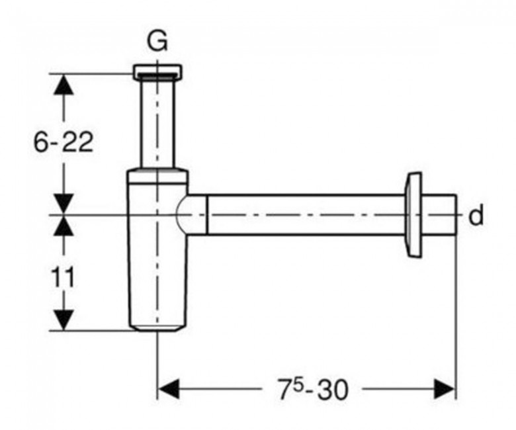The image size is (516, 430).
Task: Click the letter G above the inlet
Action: [x=157, y=42]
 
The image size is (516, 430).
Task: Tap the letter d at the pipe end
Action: [x=476, y=215]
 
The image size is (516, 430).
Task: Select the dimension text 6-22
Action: [x=64, y=142]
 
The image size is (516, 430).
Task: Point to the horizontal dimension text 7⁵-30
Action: [x=313, y=390]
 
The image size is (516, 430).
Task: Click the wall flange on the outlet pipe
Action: [x=413, y=215]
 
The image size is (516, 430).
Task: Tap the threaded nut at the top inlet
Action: [x=157, y=71]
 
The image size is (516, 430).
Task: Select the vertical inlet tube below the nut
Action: [x=157, y=123]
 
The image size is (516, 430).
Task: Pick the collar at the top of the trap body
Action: [x=157, y=176]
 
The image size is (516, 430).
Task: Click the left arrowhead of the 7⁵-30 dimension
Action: [x=168, y=389]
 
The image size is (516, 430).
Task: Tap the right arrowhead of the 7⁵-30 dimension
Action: [x=445, y=389]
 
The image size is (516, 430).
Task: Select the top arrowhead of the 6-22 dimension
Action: [x=64, y=84]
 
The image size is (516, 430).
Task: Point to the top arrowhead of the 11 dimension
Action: [x=64, y=226]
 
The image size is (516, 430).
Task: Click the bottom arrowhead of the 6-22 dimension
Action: [x=64, y=204]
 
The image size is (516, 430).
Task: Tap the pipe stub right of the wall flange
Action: [x=439, y=215]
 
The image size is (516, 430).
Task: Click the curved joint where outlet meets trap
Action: [x=181, y=215]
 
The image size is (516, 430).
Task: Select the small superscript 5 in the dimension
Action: [x=298, y=384]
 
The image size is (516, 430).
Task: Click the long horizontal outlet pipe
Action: [x=306, y=215]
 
